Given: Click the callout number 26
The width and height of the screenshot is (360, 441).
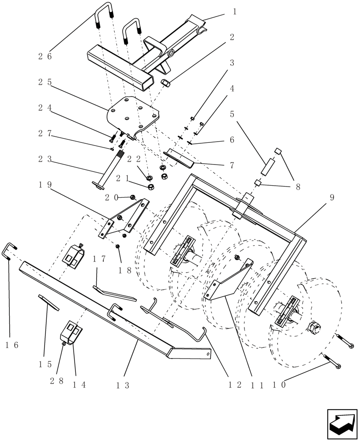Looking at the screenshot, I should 45,56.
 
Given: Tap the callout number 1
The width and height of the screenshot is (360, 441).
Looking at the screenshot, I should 234,12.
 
